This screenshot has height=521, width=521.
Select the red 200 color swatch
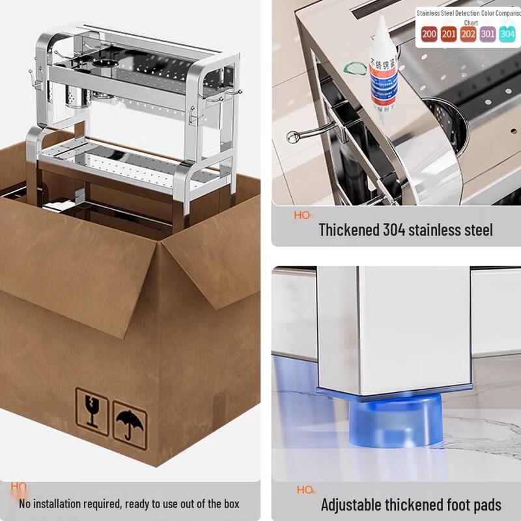[x=429, y=34]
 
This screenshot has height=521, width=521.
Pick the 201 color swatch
[x=449, y=34]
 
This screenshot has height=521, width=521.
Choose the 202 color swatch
[x=468, y=34]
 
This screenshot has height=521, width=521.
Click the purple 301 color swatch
[x=488, y=34]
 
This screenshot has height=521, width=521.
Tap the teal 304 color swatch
[x=508, y=34]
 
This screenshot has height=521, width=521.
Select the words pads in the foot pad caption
[x=485, y=505]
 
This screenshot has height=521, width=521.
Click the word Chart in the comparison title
[x=471, y=23]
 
